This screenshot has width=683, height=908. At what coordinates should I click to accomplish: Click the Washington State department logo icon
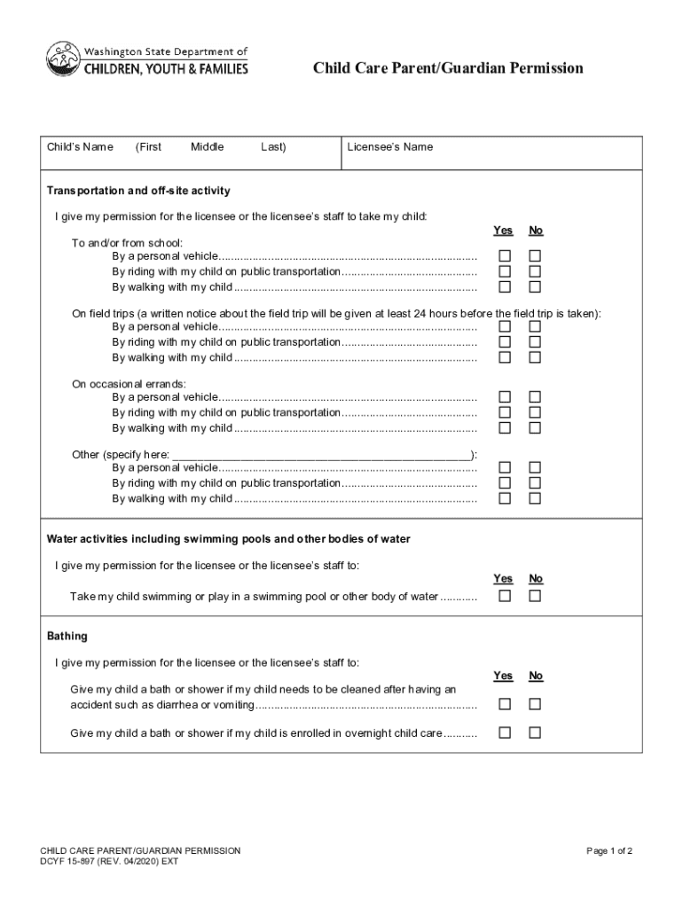[62, 60]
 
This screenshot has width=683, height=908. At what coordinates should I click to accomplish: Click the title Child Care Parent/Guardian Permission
[447, 68]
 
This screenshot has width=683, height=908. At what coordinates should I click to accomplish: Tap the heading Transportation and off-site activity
[138, 191]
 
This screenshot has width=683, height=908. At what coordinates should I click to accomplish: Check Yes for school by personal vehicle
[505, 256]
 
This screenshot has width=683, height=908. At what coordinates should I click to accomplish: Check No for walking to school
[535, 286]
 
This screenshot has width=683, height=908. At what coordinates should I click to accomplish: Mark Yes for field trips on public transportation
[505, 342]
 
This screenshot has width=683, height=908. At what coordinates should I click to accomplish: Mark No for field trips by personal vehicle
[535, 326]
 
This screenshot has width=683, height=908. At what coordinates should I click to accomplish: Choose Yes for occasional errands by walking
[505, 427]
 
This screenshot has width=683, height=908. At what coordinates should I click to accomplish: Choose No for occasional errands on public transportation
[535, 412]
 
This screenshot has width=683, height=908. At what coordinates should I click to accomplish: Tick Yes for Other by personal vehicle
[505, 467]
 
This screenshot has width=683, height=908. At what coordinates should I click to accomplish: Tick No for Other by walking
[535, 498]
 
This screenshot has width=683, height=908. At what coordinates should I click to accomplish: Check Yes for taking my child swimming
[505, 596]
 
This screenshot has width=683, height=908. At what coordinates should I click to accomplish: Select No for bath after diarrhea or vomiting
[535, 705]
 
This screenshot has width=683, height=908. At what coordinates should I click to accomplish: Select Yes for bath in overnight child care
[505, 733]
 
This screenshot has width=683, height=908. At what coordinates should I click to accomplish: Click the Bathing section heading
[67, 637]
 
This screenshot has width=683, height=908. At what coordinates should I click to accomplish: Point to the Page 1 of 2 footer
[609, 851]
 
